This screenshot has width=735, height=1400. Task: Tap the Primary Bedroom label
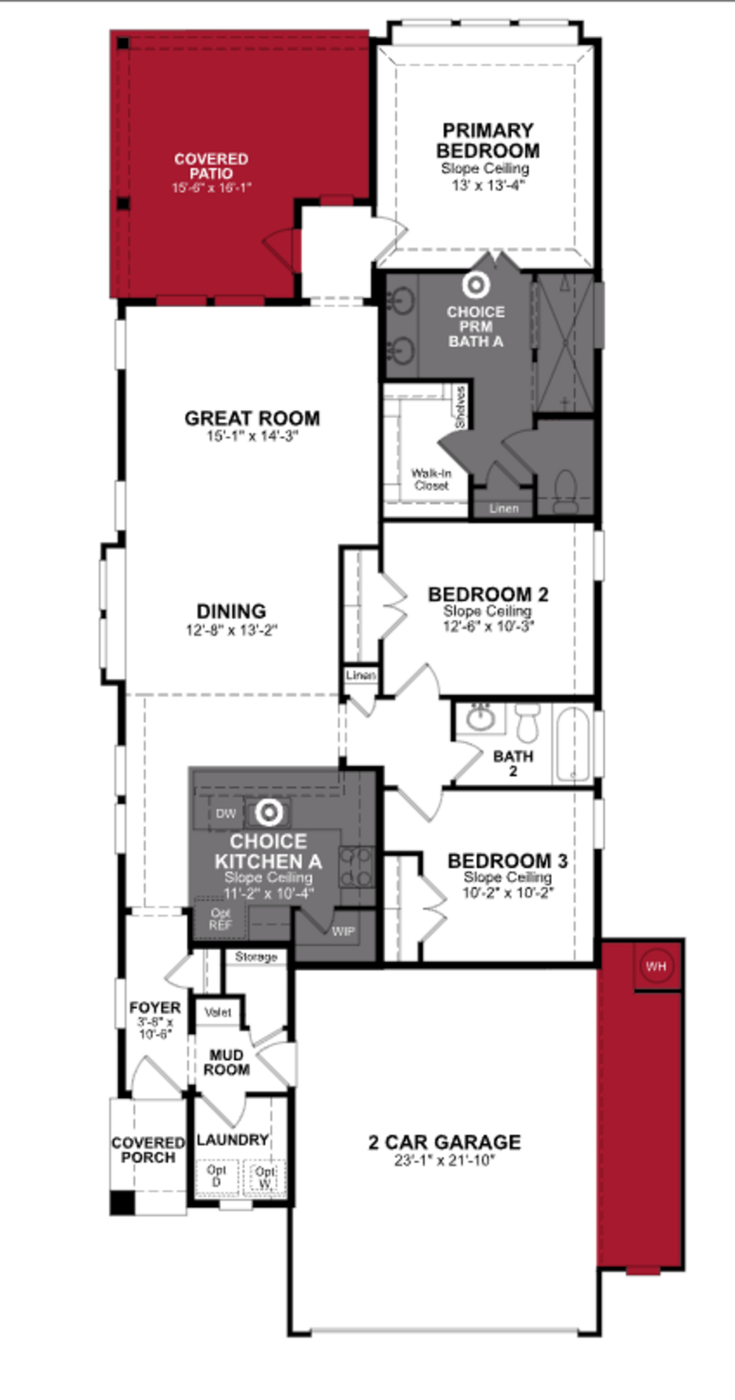(x=488, y=141)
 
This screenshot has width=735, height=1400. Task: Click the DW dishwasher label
(x=226, y=814)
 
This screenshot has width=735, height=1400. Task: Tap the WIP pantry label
(x=343, y=931)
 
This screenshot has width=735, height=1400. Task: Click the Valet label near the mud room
(x=218, y=1012)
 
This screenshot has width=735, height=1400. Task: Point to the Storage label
(x=256, y=956)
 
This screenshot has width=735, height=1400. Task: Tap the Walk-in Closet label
(x=431, y=479)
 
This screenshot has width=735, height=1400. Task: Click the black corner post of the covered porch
(x=122, y=1202)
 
